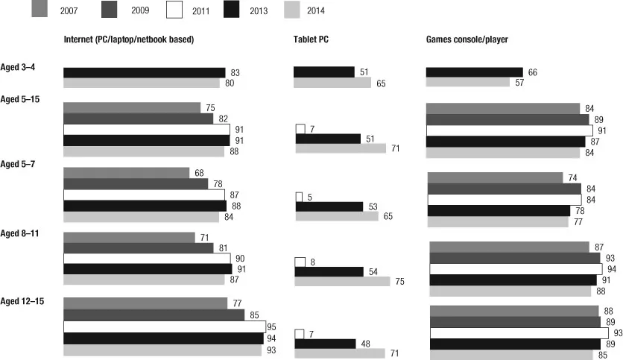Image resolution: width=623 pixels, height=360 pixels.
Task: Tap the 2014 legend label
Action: coord(314,10)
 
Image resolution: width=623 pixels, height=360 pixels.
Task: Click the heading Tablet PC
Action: coord(312,39)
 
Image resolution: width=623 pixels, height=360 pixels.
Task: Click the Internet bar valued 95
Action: coord(164,326)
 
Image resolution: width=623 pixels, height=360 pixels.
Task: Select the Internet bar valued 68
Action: coord(127,173)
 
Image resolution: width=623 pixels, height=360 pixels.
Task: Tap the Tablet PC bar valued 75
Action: coord(342,282)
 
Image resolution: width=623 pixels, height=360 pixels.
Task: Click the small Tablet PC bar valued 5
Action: coord(300,197)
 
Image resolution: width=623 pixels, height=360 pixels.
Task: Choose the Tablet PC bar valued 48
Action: coord(325,344)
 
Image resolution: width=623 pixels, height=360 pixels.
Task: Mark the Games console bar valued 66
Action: coord(474,72)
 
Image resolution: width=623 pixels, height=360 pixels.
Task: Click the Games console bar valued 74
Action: coord(495,177)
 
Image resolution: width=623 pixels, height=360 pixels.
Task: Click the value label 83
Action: coord(235,72)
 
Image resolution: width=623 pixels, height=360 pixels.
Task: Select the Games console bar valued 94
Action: coord(515,269)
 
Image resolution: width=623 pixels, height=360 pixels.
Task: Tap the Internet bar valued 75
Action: coord(132,107)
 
